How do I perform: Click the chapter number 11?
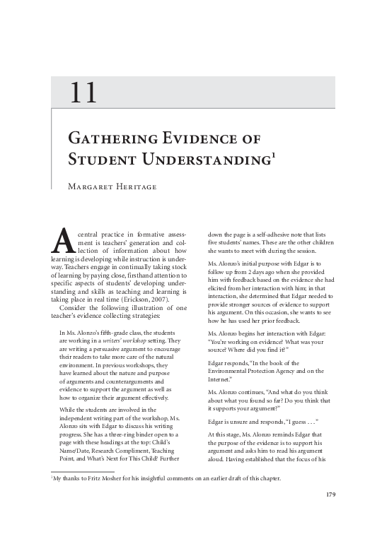[84, 93]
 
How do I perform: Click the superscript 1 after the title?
[272, 152]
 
